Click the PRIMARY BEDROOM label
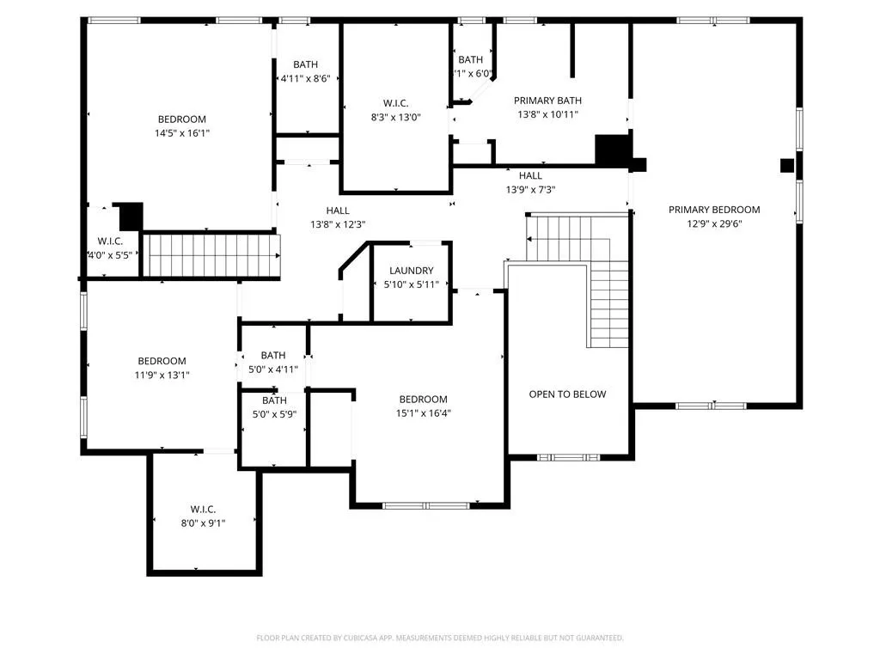[714, 210]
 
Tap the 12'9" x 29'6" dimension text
[714, 223]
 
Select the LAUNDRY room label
[411, 271]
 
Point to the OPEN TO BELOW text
[567, 394]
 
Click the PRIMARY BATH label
[547, 100]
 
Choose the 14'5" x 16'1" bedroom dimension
[181, 133]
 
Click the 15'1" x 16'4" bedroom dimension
[423, 412]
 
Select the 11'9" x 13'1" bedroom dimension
[162, 375]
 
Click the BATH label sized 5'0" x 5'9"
[274, 400]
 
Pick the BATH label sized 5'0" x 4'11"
[272, 355]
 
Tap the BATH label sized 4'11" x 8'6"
[305, 64]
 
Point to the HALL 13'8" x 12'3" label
[337, 211]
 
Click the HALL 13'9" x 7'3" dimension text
[530, 190]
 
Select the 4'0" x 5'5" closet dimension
[109, 255]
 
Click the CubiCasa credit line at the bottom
[440, 638]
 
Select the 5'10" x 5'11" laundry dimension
[411, 284]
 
